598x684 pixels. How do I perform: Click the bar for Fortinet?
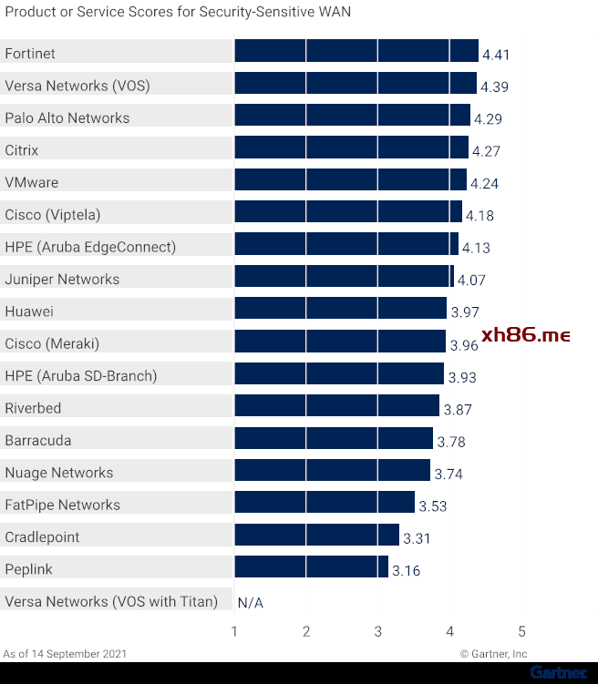click(356, 51)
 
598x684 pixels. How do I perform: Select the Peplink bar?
click(311, 567)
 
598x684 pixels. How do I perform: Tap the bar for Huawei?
click(340, 309)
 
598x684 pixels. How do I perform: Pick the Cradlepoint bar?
click(316, 535)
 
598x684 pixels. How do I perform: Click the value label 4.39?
click(494, 87)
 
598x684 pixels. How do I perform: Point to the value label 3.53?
click(432, 506)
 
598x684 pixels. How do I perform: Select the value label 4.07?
click(471, 281)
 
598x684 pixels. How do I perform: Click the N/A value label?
click(250, 603)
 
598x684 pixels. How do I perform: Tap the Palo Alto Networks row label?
click(67, 118)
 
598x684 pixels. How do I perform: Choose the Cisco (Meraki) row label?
click(52, 343)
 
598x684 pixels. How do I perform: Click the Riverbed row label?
click(35, 408)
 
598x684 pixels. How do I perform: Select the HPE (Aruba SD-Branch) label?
click(80, 376)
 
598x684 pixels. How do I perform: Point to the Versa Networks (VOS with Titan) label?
click(111, 601)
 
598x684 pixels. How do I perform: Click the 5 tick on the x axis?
click(521, 632)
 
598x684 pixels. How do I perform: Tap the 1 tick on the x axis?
click(234, 632)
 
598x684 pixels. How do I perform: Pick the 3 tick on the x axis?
click(378, 632)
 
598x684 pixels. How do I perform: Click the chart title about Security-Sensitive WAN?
click(178, 12)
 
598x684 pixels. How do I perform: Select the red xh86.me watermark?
click(525, 335)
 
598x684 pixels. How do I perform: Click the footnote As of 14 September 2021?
click(65, 654)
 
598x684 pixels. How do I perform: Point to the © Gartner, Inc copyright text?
click(493, 654)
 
